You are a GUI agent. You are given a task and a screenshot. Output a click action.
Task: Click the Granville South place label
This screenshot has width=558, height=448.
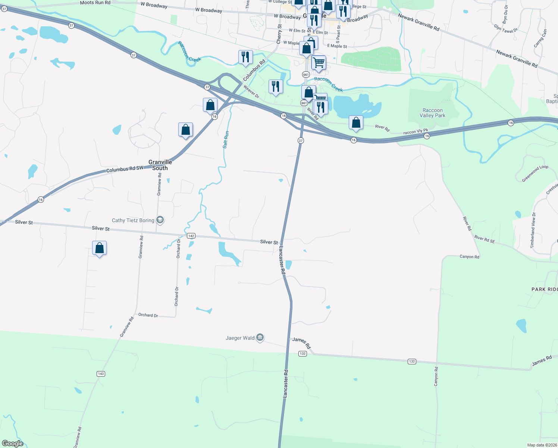pos(160,165)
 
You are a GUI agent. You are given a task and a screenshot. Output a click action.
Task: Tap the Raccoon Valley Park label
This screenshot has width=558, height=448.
pos(433,113)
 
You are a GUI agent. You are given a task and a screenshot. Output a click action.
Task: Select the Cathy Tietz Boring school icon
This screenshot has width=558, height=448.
pos(160,220)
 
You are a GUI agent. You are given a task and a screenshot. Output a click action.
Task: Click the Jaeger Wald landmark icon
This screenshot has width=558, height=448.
pos(260,337)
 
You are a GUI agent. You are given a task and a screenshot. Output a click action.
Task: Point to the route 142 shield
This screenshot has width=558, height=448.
pos(191,236)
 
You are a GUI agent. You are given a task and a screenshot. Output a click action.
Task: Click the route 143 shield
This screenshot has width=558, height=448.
pos(100,374)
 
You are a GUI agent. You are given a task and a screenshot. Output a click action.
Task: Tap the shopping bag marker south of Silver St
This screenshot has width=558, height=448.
pos(100,248)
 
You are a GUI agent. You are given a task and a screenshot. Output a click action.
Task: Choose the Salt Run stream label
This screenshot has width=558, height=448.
pos(226,140)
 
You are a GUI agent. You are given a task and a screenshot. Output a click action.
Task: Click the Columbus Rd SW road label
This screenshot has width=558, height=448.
pos(125,169)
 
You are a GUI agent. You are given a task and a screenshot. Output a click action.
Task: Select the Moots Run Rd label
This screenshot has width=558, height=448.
pos(95,3)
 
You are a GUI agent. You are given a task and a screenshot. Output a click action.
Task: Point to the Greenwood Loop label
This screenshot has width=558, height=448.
pos(535,173)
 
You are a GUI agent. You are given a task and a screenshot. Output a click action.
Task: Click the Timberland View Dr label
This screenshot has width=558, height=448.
pos(533,230)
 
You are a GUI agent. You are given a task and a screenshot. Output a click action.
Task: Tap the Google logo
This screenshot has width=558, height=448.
pos(13,444)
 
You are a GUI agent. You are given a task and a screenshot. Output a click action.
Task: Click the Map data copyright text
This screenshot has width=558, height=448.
pos(542,445)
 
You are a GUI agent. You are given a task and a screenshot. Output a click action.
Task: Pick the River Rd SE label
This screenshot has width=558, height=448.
pos(485,239)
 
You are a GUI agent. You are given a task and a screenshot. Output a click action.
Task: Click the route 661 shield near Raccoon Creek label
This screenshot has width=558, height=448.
pos(306,74)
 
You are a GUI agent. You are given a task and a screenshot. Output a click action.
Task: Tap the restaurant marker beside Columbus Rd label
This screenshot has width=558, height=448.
pos(245,57)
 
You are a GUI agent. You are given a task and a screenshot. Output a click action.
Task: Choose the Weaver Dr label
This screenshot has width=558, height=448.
pos(251,91)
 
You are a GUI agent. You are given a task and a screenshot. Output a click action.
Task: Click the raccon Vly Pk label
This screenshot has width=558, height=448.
pos(416,132)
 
